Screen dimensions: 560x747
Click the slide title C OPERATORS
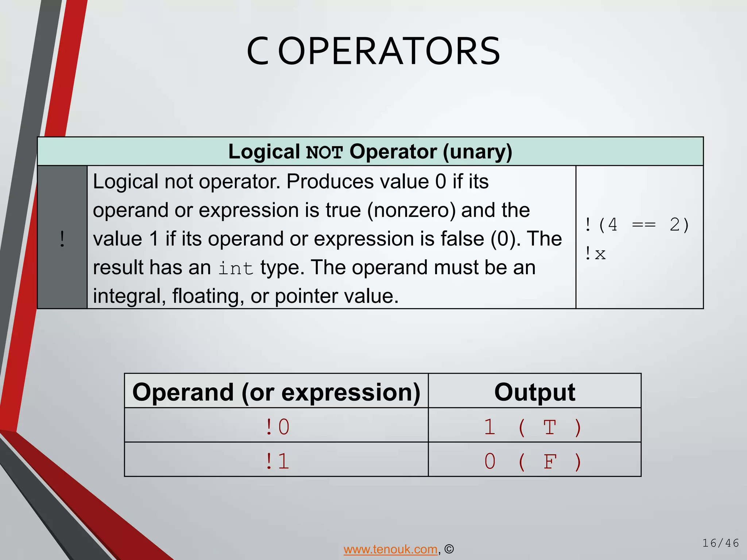tap(373, 52)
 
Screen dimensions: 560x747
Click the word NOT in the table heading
tap(324, 152)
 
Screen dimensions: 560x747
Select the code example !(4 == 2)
tap(637, 225)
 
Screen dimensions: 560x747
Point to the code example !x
tap(595, 254)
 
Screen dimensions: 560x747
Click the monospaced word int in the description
tap(236, 268)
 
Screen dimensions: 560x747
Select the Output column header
tap(534, 392)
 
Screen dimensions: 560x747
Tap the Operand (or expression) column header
tap(276, 392)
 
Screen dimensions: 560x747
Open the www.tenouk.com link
tap(390, 549)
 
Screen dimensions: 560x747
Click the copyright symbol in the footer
tap(449, 549)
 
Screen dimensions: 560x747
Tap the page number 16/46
tap(720, 543)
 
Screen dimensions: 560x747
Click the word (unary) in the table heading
tap(477, 152)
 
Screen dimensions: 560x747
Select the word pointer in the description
tap(306, 296)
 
